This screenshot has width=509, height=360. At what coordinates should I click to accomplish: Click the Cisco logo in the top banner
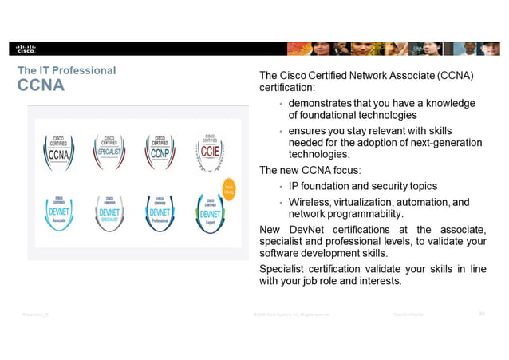coord(26,48)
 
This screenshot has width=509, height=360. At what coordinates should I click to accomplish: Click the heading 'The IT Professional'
coord(66,70)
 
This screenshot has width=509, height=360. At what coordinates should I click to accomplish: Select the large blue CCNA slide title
coord(41,85)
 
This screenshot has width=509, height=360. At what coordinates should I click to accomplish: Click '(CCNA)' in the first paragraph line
coord(455,75)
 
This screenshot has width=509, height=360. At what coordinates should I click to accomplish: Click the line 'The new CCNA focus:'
coord(309,170)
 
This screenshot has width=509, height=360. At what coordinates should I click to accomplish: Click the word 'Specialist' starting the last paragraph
coord(285,267)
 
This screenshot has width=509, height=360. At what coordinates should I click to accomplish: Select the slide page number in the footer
coord(481,314)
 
